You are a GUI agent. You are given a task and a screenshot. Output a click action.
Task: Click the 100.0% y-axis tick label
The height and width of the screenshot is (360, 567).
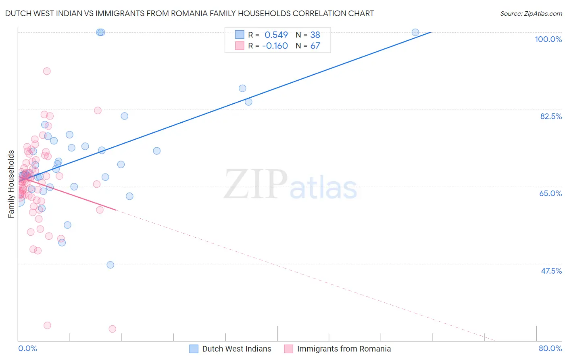coord(548,39)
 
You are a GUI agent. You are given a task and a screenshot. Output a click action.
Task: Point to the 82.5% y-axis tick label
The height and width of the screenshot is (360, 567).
coord(551,116)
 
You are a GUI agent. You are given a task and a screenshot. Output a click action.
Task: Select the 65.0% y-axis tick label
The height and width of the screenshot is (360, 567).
coord(550,193)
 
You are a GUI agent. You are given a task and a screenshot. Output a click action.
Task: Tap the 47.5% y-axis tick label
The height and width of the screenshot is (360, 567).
coord(551,271)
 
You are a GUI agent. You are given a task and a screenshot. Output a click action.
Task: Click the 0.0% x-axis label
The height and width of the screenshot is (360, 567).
coord(27,348)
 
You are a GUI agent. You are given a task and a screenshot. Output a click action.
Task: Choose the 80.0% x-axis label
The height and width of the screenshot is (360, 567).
coord(550,348)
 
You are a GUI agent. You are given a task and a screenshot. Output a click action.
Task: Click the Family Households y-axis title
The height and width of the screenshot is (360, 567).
coord(11,184)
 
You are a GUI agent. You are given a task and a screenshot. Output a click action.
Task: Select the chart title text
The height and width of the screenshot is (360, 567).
coord(190,13)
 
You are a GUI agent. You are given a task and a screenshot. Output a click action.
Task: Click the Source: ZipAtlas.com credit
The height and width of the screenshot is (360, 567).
coord(531,13)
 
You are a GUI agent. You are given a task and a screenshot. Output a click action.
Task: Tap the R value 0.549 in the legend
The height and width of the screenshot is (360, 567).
coord(276,35)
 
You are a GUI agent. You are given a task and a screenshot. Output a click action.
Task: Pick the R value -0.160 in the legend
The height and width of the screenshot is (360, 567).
coord(275,46)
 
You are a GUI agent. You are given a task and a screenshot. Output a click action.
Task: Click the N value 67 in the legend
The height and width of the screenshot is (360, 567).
coord(315,46)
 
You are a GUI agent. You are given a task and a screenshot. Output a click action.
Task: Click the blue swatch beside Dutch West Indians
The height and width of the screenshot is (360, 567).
coord(194,349)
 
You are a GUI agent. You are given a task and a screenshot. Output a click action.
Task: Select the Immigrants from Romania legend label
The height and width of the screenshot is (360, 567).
coord(344,349)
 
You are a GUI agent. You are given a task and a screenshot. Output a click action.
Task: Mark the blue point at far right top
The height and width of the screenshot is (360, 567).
coord(415,32)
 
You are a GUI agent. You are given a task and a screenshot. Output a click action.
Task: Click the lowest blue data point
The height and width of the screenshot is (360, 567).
coord(110,265)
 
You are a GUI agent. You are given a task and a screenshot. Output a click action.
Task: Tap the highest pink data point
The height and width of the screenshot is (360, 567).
coord(47,71)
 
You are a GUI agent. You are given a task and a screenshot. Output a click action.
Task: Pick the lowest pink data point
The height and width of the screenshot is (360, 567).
coord(113,329)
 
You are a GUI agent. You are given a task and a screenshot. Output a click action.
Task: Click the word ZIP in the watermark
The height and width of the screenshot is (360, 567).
coord(256,184)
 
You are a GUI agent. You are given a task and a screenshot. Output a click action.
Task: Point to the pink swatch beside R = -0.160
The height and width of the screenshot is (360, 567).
coord(240,46)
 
